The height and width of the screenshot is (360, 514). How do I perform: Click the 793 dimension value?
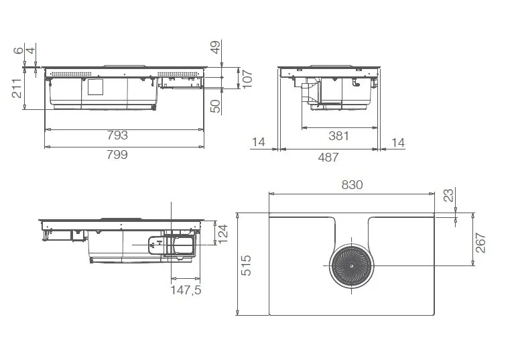117,135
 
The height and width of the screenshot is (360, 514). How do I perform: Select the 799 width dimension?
117,154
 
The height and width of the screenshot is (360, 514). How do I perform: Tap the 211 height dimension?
17,88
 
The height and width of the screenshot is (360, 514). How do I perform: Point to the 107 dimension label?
247,79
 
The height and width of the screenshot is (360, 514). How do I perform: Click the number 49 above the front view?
215,47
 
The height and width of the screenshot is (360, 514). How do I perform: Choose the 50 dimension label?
215,106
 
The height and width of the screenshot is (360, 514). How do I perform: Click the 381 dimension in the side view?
338,135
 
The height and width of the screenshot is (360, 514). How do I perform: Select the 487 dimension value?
328,158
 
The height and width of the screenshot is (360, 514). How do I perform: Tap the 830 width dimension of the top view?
352,185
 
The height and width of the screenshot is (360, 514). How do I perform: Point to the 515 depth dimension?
246,265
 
